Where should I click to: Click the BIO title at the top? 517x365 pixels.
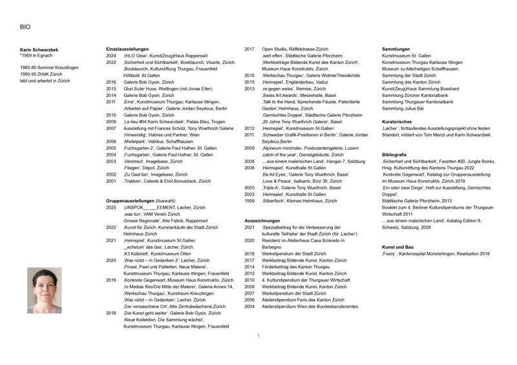coord(25,27)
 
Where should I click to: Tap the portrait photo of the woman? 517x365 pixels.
coord(45,291)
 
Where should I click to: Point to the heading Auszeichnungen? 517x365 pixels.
coord(262,221)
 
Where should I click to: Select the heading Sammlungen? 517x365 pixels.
coord(396,49)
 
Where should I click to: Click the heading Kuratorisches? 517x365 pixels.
coord(399,121)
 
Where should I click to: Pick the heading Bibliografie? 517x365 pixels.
coord(394,155)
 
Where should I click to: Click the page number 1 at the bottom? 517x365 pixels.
coord(258,336)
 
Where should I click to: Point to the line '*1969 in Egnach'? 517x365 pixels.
coord(41,56)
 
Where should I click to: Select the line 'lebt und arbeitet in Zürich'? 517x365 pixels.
coord(45,81)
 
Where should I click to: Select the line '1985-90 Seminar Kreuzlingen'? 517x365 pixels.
coord(50,68)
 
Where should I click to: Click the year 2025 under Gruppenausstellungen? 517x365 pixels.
coord(111,207)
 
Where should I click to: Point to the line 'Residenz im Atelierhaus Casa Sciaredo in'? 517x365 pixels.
coord(304,240)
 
